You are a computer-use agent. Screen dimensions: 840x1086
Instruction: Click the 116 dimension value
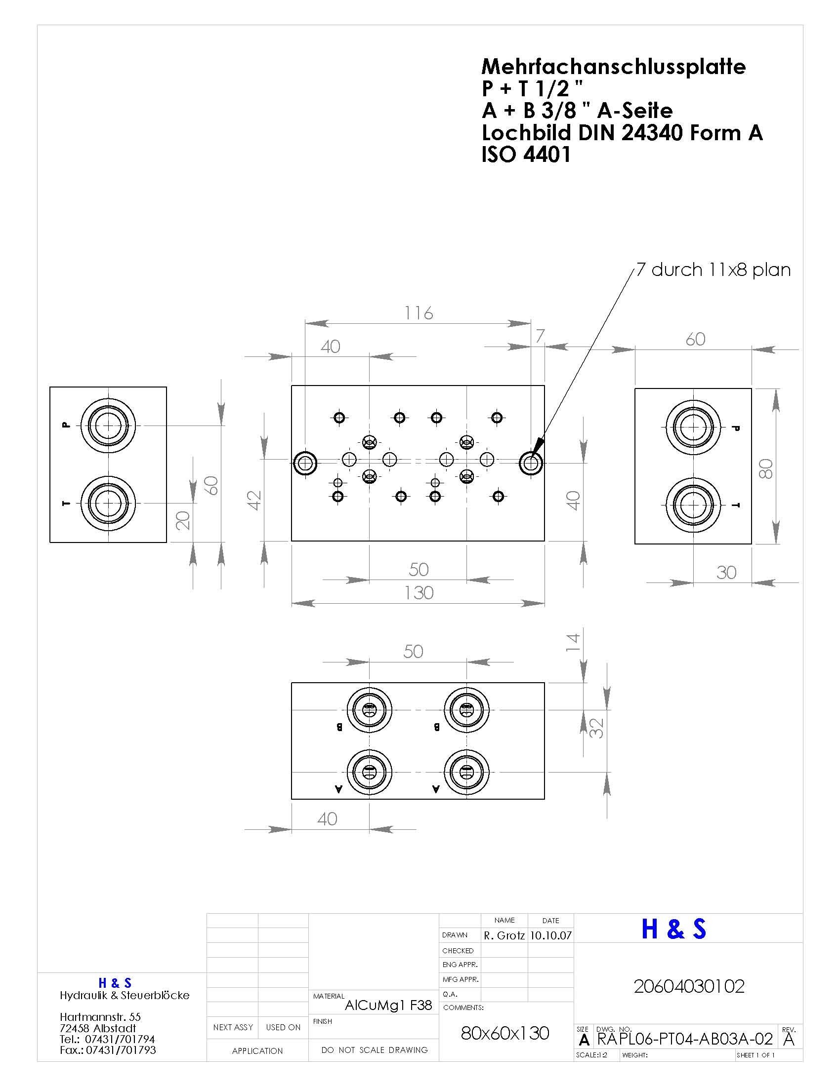tap(419, 313)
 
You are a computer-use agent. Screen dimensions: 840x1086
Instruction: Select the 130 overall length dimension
tap(419, 593)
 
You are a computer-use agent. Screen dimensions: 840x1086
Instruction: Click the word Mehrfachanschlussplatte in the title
tap(614, 67)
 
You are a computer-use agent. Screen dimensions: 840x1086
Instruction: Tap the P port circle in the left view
tap(109, 426)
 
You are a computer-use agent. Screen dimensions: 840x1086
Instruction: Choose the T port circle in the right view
tap(693, 505)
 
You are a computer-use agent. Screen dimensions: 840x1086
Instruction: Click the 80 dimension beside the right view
tap(766, 468)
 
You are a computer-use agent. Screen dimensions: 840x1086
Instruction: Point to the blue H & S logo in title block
tap(674, 929)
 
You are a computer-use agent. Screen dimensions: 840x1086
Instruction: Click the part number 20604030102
tap(689, 986)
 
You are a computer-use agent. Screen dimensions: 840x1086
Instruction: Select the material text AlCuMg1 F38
tap(388, 1006)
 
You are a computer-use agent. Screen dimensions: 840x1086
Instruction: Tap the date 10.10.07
tap(551, 935)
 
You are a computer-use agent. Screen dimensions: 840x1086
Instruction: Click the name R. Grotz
tap(504, 935)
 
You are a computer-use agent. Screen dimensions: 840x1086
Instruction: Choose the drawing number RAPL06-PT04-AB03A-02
tap(685, 1039)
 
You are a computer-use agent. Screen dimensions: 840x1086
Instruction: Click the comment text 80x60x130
tap(505, 1033)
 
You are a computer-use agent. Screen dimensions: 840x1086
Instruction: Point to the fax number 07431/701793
tap(121, 1050)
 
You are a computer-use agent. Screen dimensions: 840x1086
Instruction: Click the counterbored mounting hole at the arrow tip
tap(532, 464)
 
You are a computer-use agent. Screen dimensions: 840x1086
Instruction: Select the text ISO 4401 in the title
tap(526, 155)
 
